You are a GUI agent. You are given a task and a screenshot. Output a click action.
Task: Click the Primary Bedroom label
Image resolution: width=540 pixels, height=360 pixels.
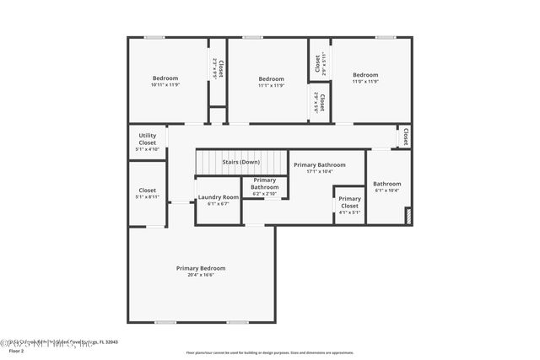(x=201, y=268)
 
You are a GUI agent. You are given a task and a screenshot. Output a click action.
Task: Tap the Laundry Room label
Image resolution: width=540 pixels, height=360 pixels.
(x=219, y=197)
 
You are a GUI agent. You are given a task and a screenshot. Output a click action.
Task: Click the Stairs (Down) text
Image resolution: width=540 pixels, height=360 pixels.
(x=240, y=162)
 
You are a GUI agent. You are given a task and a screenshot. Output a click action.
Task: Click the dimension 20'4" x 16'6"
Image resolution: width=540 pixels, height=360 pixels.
(x=201, y=275)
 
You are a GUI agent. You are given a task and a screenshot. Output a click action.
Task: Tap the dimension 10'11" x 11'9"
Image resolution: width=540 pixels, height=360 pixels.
(x=165, y=85)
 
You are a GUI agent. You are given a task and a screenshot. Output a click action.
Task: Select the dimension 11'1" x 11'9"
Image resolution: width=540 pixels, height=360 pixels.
(x=271, y=85)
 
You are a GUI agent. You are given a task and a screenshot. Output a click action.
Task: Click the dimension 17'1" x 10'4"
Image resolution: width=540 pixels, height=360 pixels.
(x=320, y=171)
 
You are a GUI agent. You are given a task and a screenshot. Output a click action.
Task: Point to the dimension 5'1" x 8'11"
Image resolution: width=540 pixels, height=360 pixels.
(x=148, y=196)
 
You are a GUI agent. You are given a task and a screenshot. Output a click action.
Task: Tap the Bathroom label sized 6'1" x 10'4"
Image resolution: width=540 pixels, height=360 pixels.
(x=387, y=184)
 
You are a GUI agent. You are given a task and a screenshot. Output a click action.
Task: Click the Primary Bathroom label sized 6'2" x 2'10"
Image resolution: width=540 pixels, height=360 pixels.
(x=264, y=184)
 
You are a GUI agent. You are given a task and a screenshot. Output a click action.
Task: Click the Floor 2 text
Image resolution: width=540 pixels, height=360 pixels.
(x=16, y=351)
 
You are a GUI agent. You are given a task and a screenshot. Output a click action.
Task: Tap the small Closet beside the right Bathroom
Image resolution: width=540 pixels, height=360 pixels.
(x=405, y=136)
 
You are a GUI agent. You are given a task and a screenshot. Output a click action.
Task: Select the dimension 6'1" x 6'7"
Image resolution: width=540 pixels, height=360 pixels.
(x=219, y=204)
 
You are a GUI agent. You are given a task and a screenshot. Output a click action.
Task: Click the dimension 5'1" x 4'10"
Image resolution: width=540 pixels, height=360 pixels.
(x=148, y=149)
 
